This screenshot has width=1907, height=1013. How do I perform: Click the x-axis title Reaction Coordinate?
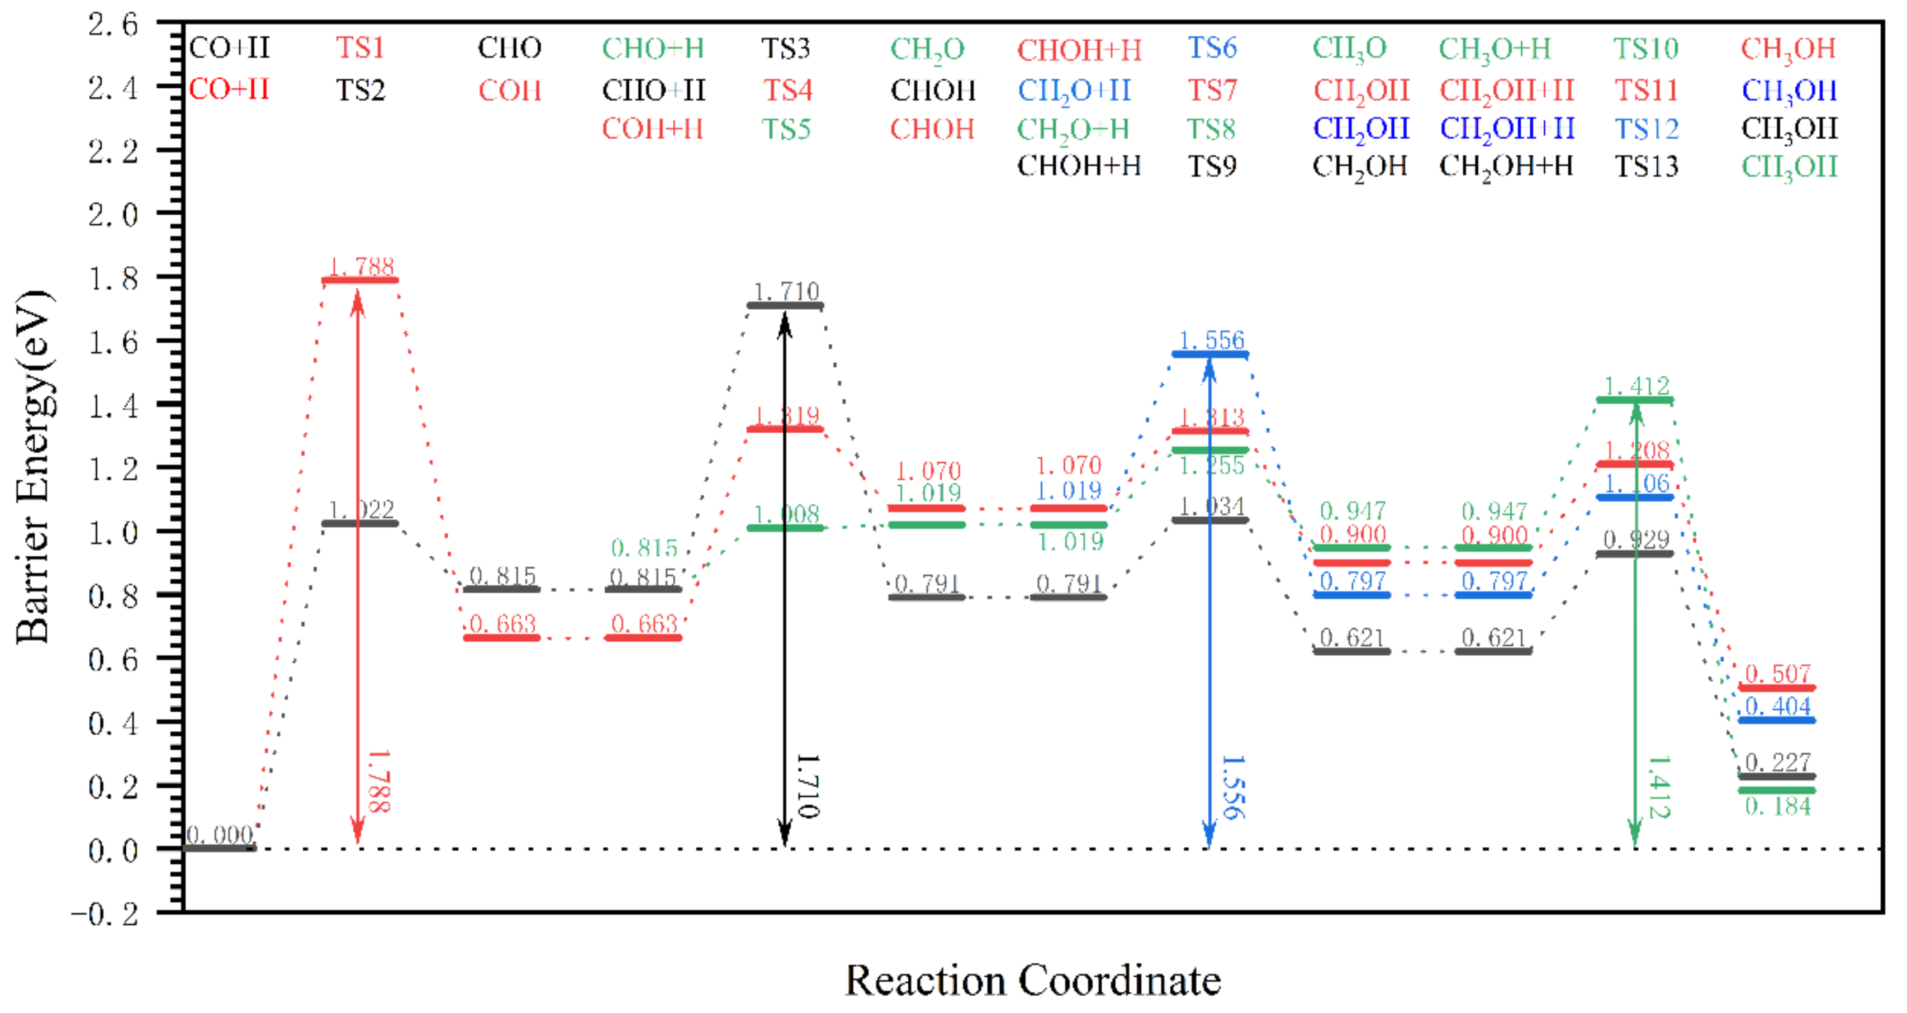[1033, 981]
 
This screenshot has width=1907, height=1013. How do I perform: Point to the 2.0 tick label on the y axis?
[112, 215]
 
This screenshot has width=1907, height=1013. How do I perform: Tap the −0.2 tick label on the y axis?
[105, 915]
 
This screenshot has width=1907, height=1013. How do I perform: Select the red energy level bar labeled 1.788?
[360, 280]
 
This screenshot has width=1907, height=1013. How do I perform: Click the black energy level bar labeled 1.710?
[785, 305]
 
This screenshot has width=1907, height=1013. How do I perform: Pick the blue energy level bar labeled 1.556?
[1209, 354]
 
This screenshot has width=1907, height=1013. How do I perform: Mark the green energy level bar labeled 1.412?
[1635, 400]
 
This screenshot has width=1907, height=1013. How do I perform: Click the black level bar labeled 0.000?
[219, 848]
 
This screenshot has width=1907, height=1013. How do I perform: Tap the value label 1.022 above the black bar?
[361, 509]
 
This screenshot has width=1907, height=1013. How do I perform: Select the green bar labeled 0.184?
[1777, 790]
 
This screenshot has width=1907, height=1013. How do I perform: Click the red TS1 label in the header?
[360, 48]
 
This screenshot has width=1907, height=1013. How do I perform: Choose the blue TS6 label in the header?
[1212, 48]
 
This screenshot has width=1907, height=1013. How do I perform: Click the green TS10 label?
[1645, 49]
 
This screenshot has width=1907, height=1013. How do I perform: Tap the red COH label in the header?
[509, 91]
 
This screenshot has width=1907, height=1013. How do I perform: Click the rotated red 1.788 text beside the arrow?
[378, 781]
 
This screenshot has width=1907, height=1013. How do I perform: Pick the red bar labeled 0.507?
[1777, 688]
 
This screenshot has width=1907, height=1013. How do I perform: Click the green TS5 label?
[786, 130]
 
